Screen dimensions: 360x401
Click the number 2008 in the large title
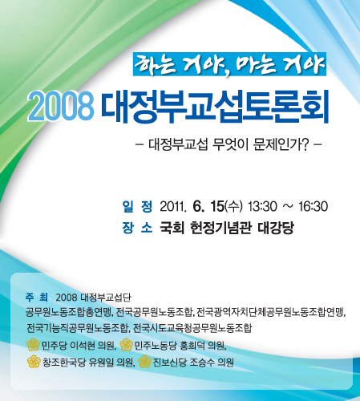[61, 107]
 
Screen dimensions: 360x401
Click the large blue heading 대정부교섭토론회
[215, 107]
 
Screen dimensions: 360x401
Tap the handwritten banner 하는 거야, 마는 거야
[229, 64]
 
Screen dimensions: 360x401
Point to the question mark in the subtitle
[306, 144]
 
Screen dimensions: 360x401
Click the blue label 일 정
[137, 206]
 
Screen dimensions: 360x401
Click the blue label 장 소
[137, 228]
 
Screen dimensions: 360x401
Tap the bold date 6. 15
[208, 206]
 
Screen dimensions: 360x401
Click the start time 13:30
[262, 207]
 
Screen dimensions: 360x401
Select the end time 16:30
[313, 207]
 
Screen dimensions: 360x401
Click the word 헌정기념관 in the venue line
[220, 228]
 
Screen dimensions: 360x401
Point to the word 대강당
[276, 228]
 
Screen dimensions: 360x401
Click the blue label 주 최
[37, 297]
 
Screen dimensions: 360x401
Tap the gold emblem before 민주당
[33, 345]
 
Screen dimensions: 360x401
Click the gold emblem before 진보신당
[144, 362]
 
